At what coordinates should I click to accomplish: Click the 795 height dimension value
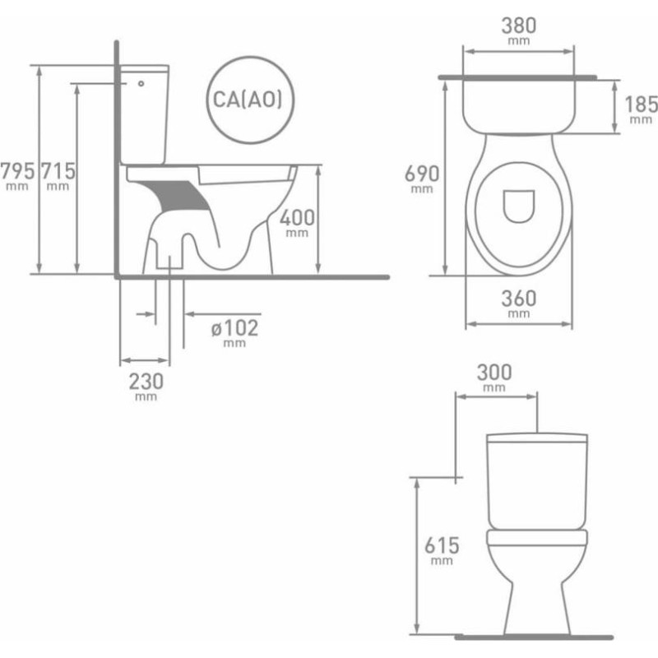(17, 171)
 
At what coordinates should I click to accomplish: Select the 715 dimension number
(58, 171)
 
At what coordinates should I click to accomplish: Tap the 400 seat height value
(296, 218)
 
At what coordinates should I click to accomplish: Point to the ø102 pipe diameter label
(234, 328)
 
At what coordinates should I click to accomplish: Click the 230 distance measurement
(146, 382)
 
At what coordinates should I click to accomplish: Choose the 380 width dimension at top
(518, 25)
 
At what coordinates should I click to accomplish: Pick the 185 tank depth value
(641, 104)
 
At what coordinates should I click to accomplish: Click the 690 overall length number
(422, 174)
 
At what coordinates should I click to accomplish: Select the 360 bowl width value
(518, 299)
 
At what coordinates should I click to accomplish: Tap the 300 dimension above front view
(494, 373)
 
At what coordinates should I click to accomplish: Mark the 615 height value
(442, 545)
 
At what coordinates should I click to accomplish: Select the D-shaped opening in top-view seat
(518, 206)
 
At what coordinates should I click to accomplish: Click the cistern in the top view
(518, 103)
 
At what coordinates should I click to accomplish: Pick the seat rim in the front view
(536, 540)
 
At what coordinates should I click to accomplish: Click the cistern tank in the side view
(146, 115)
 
